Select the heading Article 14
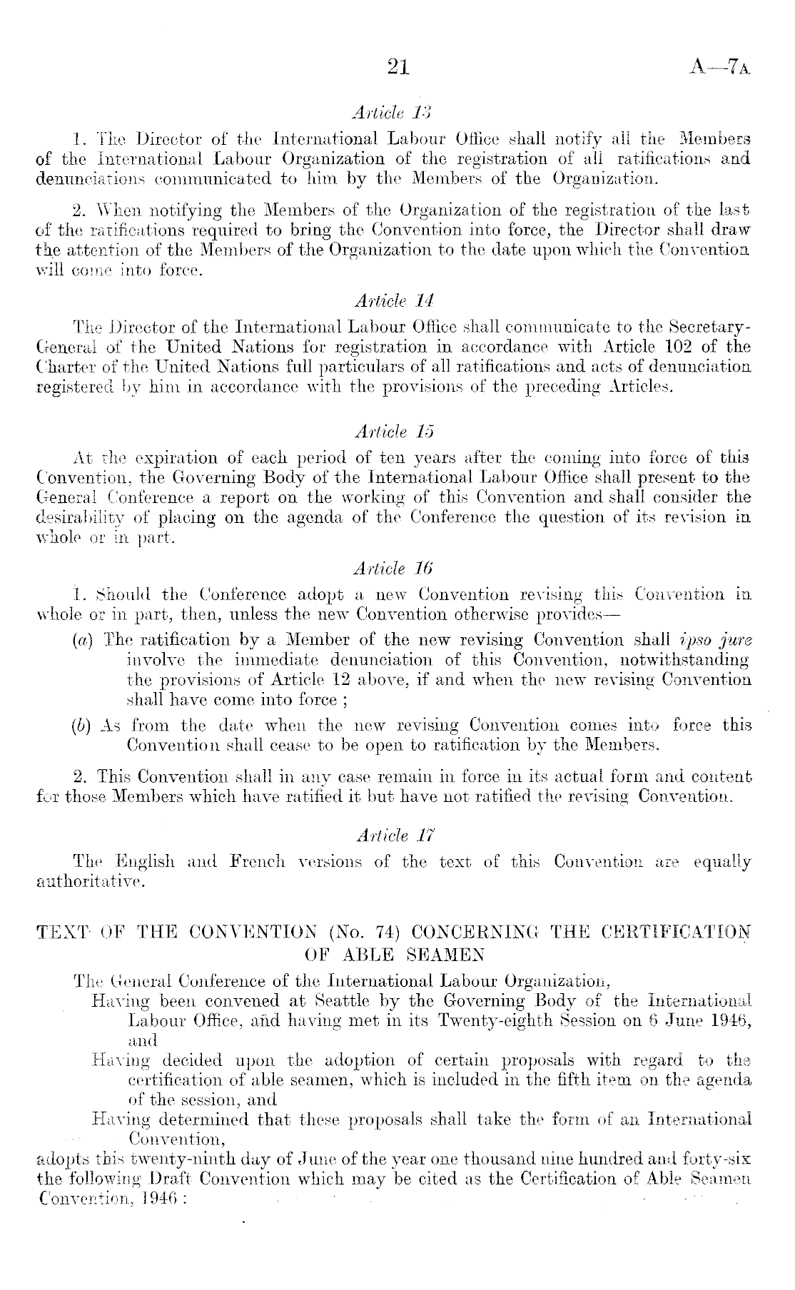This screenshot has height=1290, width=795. pos(394,300)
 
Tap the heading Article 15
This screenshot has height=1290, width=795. pos(394,432)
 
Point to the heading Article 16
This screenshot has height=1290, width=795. pos(394,568)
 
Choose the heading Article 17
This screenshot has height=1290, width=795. pos(394,835)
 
